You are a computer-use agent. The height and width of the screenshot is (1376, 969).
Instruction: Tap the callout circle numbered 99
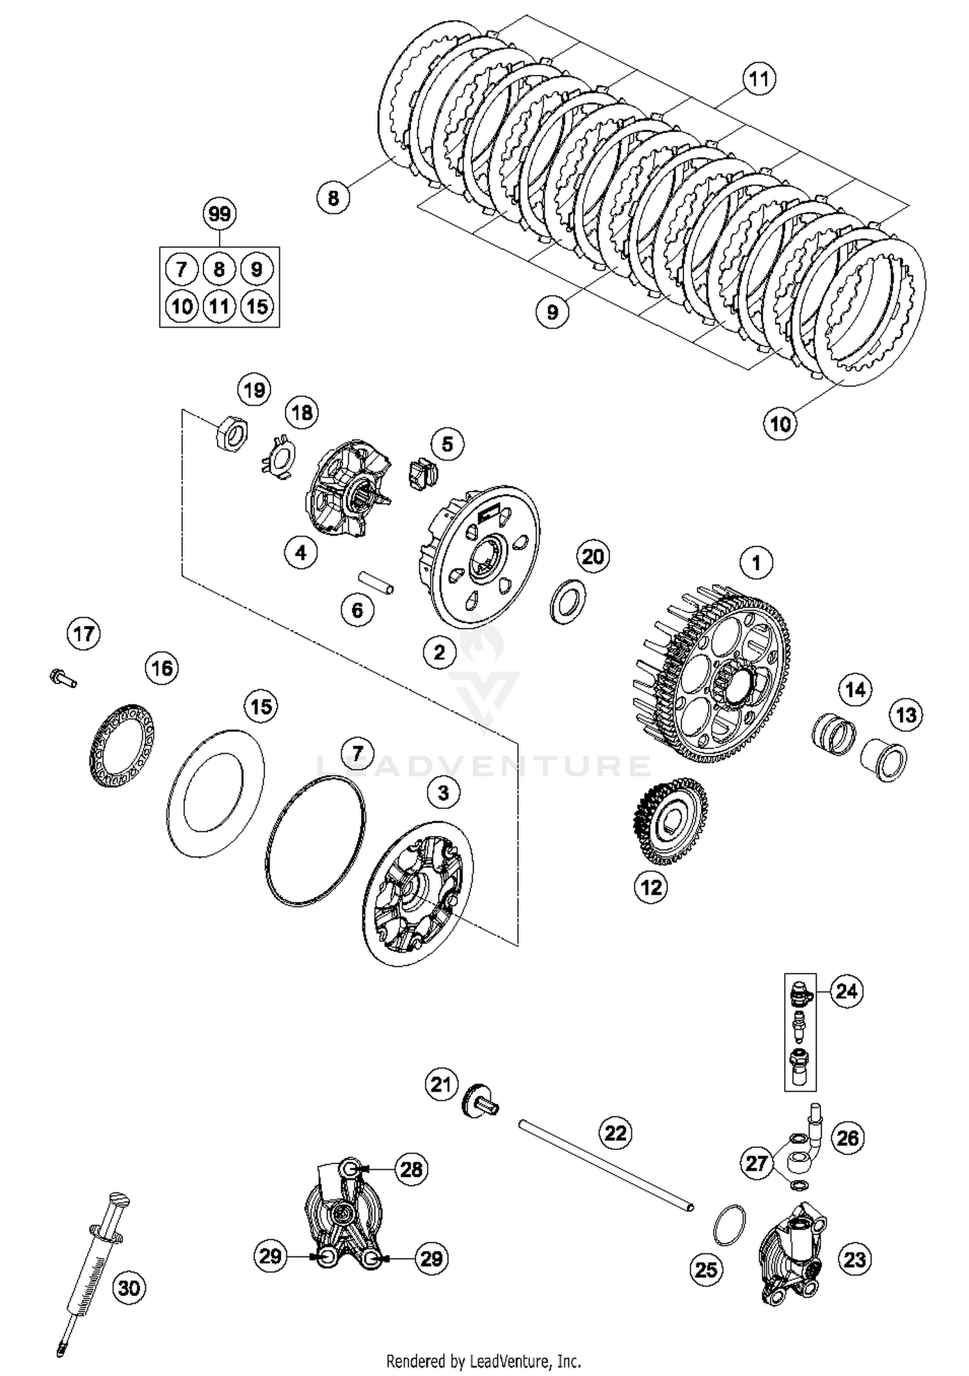tap(220, 214)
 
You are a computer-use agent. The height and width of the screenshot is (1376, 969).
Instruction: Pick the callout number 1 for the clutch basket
tap(756, 563)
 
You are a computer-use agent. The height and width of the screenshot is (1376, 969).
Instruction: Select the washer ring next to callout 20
tap(567, 601)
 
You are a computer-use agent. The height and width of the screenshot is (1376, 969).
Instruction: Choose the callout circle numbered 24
tap(846, 1008)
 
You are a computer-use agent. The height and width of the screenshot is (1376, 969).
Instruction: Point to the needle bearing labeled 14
tap(833, 734)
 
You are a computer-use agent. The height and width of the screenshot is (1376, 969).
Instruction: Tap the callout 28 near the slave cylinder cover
tap(412, 1169)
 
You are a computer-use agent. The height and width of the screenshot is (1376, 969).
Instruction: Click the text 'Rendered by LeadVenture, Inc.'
tap(483, 1361)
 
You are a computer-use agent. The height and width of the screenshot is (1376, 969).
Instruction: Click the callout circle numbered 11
tap(758, 79)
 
